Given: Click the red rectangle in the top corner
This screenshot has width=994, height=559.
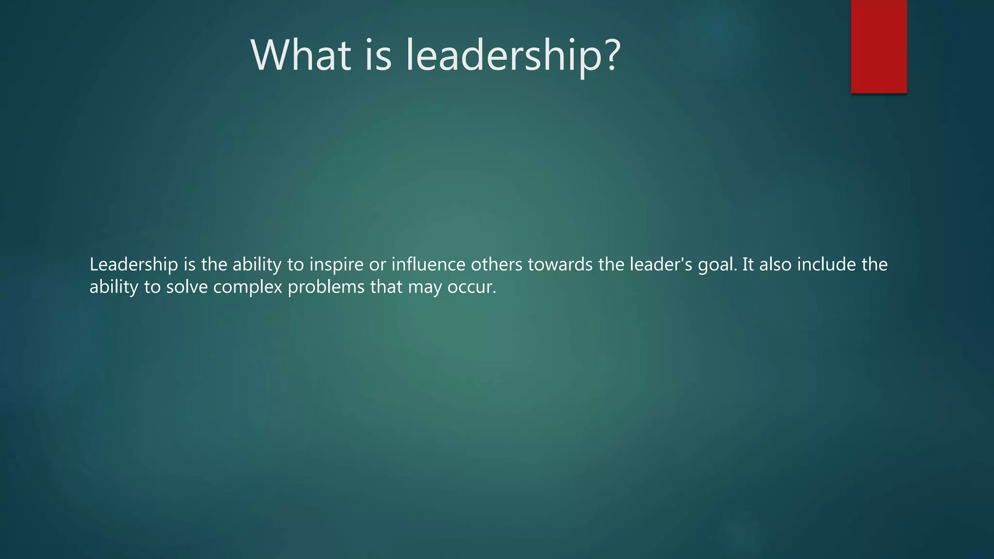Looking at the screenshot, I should [878, 47].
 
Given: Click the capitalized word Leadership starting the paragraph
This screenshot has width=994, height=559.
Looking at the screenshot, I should [134, 265].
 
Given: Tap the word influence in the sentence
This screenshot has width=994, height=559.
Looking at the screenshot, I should [428, 264].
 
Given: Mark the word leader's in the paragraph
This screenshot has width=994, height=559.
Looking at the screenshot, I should [661, 264].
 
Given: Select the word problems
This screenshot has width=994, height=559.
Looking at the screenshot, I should [326, 287].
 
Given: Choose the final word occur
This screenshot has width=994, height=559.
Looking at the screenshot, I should [471, 287].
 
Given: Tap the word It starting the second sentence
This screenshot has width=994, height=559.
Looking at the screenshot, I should [748, 264].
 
